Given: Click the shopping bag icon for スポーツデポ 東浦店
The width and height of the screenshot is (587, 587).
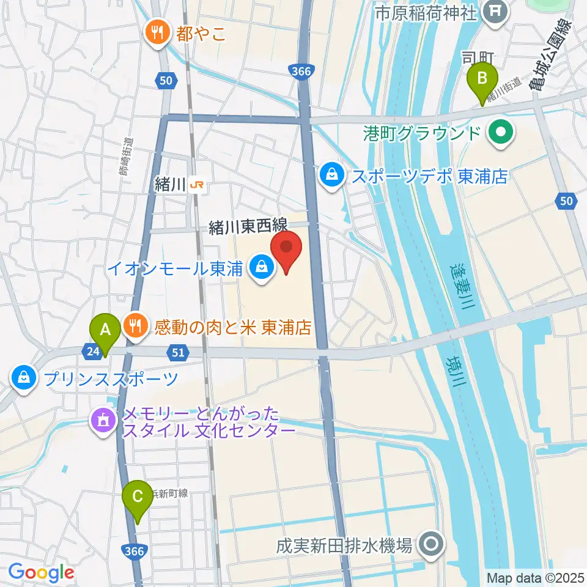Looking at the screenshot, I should tap(331, 175).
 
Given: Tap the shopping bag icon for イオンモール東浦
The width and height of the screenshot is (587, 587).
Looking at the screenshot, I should tap(262, 267).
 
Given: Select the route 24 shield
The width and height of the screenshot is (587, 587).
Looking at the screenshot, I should tap(90, 351).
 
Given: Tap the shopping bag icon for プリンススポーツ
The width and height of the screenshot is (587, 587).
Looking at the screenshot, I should tap(23, 377).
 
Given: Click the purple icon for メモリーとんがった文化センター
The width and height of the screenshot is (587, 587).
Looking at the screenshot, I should tap(103, 421).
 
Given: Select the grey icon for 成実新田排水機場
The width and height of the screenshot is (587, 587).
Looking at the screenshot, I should tap(432, 543).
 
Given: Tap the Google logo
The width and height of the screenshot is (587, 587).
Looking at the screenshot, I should tap(40, 572).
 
